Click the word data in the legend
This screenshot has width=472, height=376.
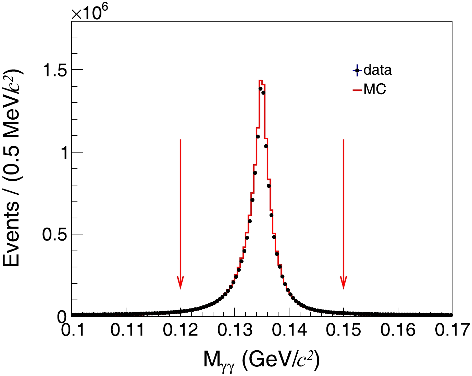[377, 70]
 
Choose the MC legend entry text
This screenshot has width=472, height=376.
[375, 89]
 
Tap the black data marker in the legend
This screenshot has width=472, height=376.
[357, 71]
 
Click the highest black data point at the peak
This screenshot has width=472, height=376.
[260, 89]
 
